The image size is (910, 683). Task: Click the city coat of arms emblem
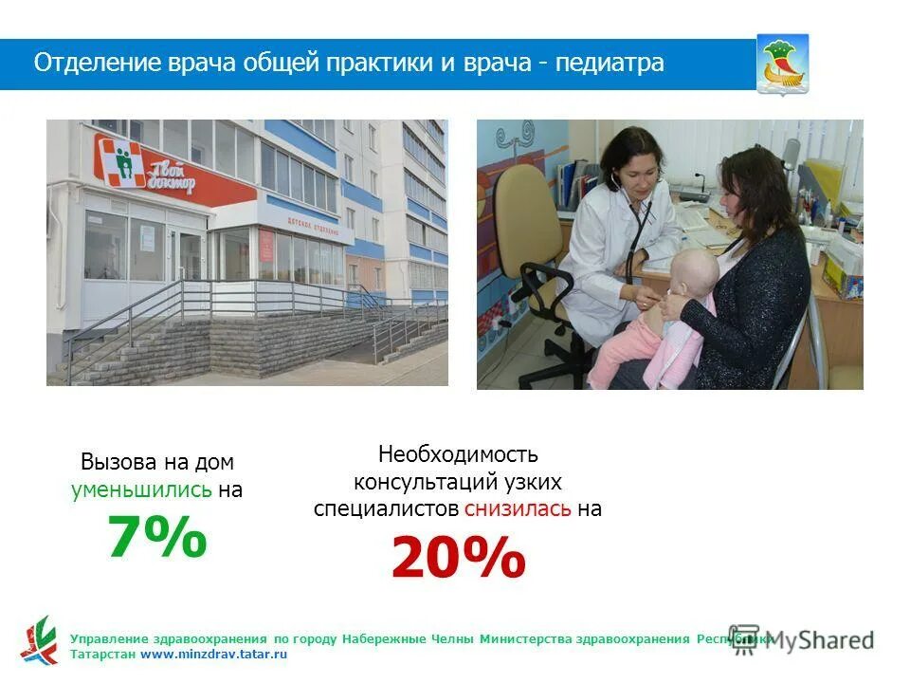click(x=782, y=63)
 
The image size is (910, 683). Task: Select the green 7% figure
click(x=156, y=538)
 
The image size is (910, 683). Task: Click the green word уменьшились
click(x=141, y=490)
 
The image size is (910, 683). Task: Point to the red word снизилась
click(x=518, y=508)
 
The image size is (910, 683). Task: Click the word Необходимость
click(x=458, y=454)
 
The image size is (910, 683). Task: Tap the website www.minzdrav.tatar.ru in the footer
click(x=213, y=655)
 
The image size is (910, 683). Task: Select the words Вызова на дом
click(x=156, y=463)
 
